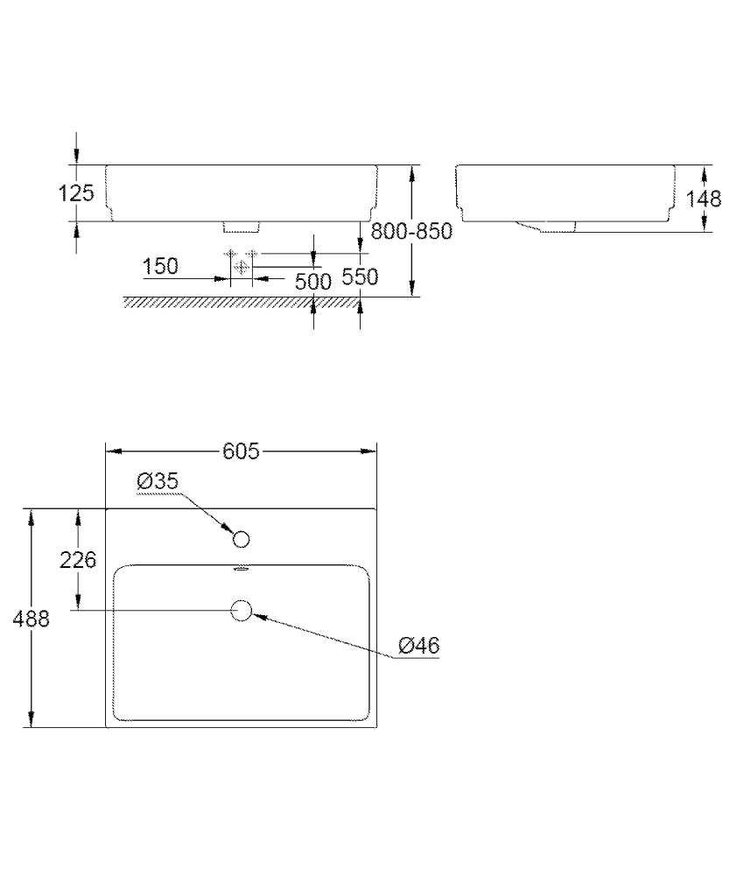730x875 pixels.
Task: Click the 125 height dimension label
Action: tap(76, 193)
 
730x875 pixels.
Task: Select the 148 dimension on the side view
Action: tap(703, 199)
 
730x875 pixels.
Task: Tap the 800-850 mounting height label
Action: tap(411, 230)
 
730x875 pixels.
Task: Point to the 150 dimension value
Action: tap(160, 267)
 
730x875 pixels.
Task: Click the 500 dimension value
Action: tap(313, 282)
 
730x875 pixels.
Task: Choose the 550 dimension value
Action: tap(360, 276)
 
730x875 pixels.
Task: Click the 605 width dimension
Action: tap(241, 451)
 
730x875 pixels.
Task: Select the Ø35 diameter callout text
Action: tap(158, 480)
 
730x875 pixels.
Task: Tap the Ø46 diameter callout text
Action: tap(419, 646)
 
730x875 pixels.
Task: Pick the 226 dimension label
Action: tap(78, 559)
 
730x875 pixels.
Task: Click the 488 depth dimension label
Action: tap(32, 619)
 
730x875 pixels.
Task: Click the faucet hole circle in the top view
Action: tap(241, 540)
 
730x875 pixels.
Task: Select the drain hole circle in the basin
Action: tap(242, 611)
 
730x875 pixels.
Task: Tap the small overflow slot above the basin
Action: tap(241, 570)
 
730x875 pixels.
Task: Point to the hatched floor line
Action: tap(241, 302)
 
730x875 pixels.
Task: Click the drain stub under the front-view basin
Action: tap(242, 226)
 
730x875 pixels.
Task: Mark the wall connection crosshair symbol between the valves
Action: tap(241, 267)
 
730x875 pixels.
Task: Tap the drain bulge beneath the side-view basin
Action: tap(546, 226)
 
